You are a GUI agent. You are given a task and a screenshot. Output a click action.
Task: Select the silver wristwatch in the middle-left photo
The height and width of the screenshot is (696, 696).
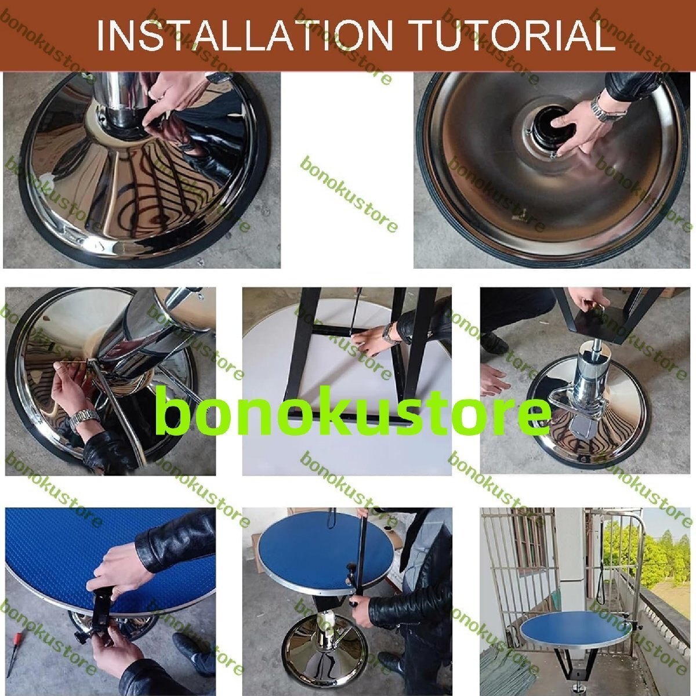(84, 419)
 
